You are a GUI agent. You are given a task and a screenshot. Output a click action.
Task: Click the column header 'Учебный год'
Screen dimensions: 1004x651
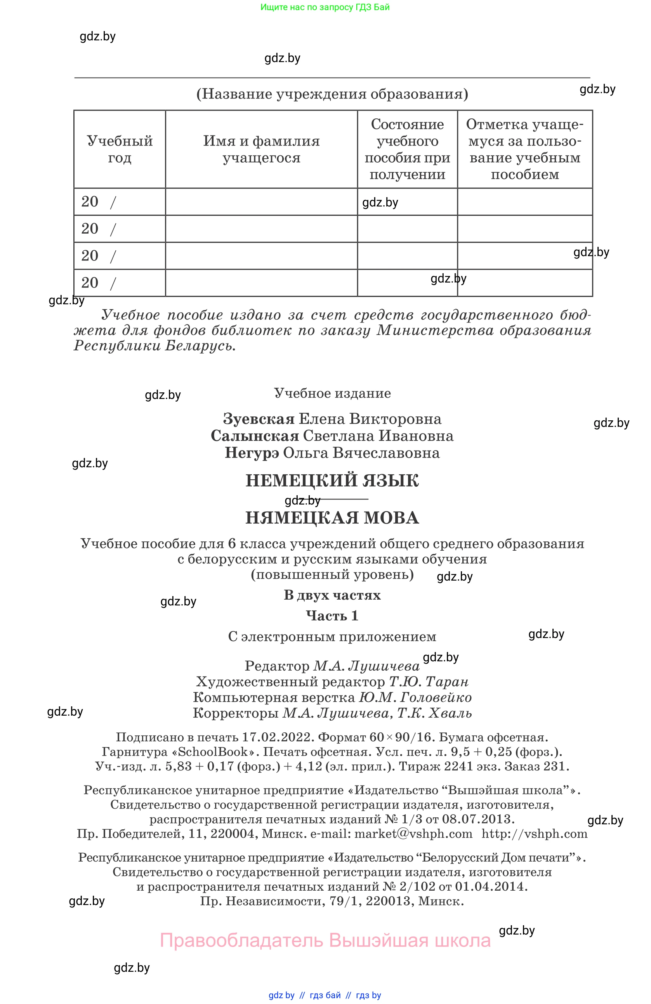120,149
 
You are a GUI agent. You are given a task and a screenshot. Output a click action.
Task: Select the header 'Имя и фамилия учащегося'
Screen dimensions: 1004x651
261,149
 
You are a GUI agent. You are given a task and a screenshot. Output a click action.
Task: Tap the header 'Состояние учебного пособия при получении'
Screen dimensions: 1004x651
407,149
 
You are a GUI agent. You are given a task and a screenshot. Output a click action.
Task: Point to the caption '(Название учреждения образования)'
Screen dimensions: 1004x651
332,94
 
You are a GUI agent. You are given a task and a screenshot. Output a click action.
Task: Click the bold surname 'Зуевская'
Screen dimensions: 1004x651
259,419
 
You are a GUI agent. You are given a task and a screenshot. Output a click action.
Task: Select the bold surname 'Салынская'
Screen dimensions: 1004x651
255,436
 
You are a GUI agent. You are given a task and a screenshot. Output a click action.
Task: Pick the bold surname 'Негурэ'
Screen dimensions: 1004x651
252,453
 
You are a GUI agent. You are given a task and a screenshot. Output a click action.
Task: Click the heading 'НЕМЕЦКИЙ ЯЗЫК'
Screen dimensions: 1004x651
332,480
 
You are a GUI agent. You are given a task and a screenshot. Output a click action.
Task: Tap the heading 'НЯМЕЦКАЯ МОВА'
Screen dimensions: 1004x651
332,518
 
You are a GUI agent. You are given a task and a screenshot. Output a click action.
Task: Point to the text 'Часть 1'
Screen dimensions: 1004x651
332,616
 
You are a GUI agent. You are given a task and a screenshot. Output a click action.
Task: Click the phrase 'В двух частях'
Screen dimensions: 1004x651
332,595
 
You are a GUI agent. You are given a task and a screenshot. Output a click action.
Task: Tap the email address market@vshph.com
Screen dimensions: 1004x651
413,834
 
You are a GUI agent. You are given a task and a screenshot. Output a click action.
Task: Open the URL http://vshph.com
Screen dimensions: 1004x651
534,834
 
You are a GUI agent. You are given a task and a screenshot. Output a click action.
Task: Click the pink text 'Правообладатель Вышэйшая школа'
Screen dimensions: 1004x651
325,940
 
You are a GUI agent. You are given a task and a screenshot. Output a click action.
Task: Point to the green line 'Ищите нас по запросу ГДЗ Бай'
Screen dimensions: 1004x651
325,7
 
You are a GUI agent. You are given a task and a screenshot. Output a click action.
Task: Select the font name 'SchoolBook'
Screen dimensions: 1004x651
213,752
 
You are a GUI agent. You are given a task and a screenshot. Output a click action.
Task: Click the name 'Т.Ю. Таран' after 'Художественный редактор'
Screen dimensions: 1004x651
428,682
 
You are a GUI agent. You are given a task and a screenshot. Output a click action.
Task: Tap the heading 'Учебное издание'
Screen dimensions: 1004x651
332,393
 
